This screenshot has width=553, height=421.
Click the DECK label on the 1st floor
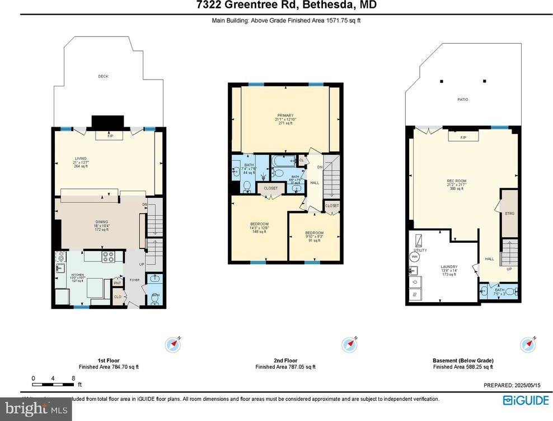(x=103, y=76)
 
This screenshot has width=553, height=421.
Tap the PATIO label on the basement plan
(x=462, y=99)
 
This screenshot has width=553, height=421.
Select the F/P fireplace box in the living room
(x=110, y=136)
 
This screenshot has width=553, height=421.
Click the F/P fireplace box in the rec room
(x=463, y=138)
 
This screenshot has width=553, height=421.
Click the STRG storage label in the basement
(x=509, y=214)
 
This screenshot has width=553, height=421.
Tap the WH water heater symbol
(x=415, y=256)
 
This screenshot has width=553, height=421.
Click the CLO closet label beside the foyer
(x=118, y=297)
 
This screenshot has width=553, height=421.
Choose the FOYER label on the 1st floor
(x=134, y=280)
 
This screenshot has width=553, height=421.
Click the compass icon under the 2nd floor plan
(x=349, y=344)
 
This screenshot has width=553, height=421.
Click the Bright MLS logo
(x=36, y=409)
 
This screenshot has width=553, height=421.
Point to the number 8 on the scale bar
(x=73, y=378)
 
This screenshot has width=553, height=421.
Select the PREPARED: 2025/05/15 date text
(x=512, y=385)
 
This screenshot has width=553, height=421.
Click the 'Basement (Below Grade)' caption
(x=463, y=360)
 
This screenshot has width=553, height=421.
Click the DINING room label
(x=101, y=221)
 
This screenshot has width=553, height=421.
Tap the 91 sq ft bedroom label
(x=314, y=236)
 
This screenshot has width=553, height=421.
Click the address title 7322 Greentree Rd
(x=276, y=6)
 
